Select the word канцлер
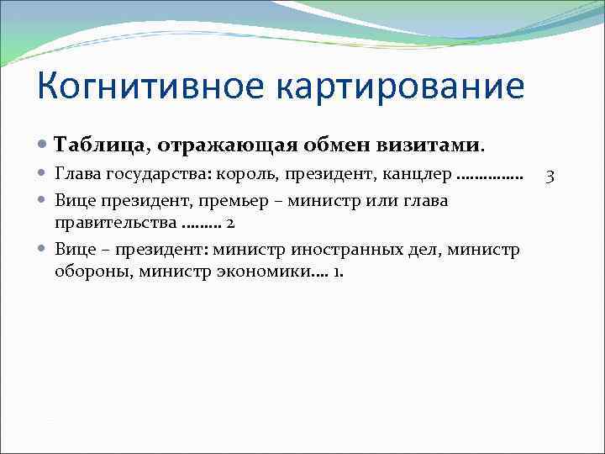pos(418,176)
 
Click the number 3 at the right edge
pos(550,176)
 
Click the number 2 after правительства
pos(229,224)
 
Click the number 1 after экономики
pos(337,272)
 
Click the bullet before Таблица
pos(44,145)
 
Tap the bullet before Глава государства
pos(44,176)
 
